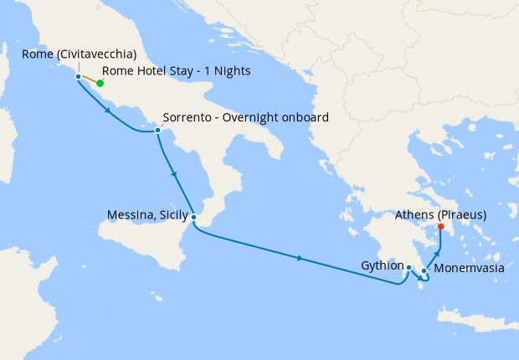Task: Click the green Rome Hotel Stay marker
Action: (100, 83)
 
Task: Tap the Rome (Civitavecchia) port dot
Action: (79, 76)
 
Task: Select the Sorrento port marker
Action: (157, 130)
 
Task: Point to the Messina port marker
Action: (193, 218)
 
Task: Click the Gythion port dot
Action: (409, 267)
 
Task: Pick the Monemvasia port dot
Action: (424, 270)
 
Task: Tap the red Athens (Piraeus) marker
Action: (441, 226)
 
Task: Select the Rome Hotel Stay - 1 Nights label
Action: (176, 71)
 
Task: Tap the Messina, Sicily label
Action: (146, 215)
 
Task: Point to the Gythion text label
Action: (381, 265)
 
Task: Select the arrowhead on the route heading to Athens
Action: (438, 252)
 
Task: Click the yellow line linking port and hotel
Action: (90, 80)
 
